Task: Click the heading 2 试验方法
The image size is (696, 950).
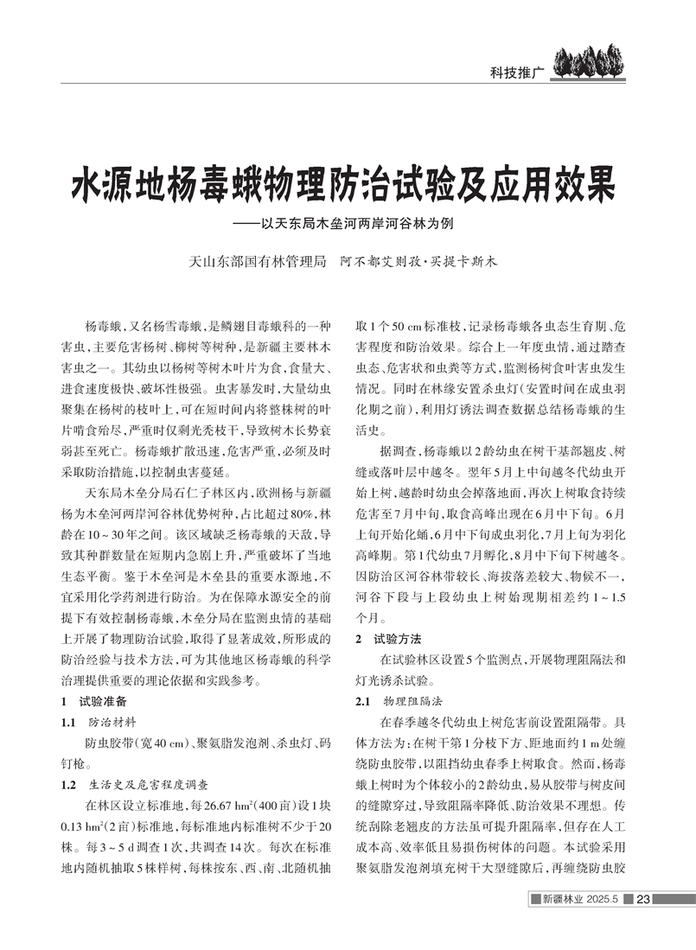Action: coord(389,639)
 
